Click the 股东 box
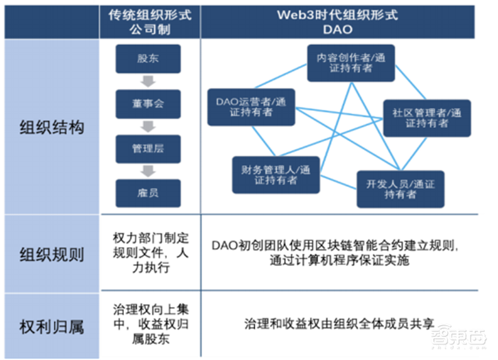[148, 59]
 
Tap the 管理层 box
[148, 149]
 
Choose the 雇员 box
[148, 193]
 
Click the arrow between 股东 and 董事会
[148, 82]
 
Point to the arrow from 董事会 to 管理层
[148, 126]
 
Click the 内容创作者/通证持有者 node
[350, 63]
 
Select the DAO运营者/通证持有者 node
[251, 107]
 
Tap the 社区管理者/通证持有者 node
[426, 118]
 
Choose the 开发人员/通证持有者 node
[400, 189]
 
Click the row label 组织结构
[51, 128]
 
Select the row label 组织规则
[51, 255]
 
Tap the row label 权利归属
[51, 325]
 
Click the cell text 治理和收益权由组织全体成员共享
[339, 325]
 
